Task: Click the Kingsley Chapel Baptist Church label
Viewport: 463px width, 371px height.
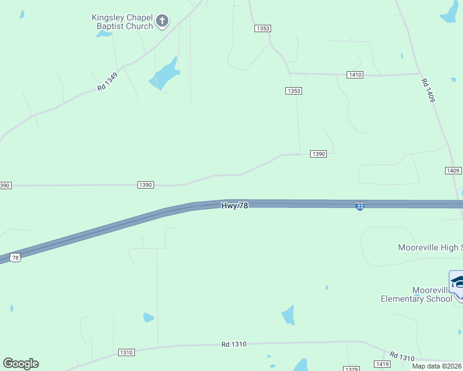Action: (122, 22)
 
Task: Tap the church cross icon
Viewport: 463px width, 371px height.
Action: (162, 22)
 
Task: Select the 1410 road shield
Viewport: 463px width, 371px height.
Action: (355, 75)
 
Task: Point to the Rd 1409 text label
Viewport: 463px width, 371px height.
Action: (428, 90)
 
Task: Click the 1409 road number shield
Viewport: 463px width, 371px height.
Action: (452, 171)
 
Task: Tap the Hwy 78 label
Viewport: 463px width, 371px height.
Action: (235, 205)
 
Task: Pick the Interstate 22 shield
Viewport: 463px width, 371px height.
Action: (360, 207)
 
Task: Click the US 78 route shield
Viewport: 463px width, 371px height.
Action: (15, 257)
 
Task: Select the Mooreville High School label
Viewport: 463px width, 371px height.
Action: (430, 248)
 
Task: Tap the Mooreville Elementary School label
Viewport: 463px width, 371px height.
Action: (417, 294)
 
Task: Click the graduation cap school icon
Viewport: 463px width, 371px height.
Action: (457, 283)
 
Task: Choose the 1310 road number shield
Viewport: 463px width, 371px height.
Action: (126, 352)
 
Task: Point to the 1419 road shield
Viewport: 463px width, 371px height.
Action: (382, 364)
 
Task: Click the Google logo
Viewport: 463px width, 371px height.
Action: (20, 364)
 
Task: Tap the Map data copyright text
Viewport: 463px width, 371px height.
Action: (437, 365)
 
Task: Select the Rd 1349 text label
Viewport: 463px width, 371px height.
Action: (107, 82)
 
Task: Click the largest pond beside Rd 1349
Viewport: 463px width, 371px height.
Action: (165, 75)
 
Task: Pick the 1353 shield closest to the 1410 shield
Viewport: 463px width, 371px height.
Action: (293, 91)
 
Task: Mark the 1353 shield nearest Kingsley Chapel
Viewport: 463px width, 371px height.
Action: (262, 28)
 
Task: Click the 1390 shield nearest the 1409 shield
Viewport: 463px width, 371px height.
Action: (318, 154)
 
